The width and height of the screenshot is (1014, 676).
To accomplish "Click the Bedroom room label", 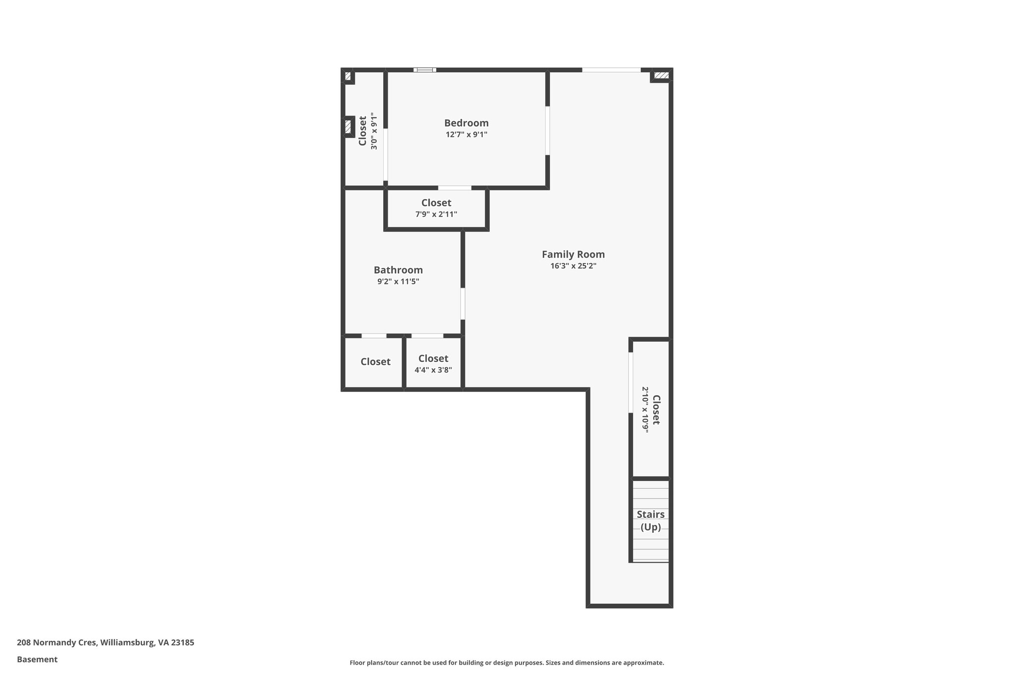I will pos(466,123).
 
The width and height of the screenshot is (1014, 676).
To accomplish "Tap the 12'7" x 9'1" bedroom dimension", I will pos(466,135).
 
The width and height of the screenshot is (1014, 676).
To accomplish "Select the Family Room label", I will pos(573,254).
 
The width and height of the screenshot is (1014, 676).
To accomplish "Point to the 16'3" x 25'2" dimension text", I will pos(573,266).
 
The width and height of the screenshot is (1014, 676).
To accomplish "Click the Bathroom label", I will pos(398,270).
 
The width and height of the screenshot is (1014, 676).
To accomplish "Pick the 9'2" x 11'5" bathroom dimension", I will pos(398,282).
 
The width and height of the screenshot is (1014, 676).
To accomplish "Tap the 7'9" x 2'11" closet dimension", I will pos(436,214).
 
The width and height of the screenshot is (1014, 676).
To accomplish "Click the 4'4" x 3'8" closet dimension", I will pos(433,370).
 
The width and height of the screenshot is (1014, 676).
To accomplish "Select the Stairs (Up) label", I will pos(651,520).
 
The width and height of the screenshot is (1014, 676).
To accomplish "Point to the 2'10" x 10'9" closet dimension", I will pos(645,410).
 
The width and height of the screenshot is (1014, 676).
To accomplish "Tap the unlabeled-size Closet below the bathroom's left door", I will pos(375,362).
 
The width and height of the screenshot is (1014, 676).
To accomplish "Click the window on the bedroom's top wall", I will pos(425,70).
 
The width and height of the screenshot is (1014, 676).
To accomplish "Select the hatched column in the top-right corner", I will pos(661,75).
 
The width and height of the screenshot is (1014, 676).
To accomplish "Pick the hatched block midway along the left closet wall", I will pos(348,126).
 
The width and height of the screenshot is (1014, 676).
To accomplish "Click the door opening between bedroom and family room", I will pos(548,130).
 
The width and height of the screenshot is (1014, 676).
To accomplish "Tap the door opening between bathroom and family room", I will pos(463,304).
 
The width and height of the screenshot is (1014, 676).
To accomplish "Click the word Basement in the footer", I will pos(37,659).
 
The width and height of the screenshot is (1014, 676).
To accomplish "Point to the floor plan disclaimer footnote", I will pos(507,663).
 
